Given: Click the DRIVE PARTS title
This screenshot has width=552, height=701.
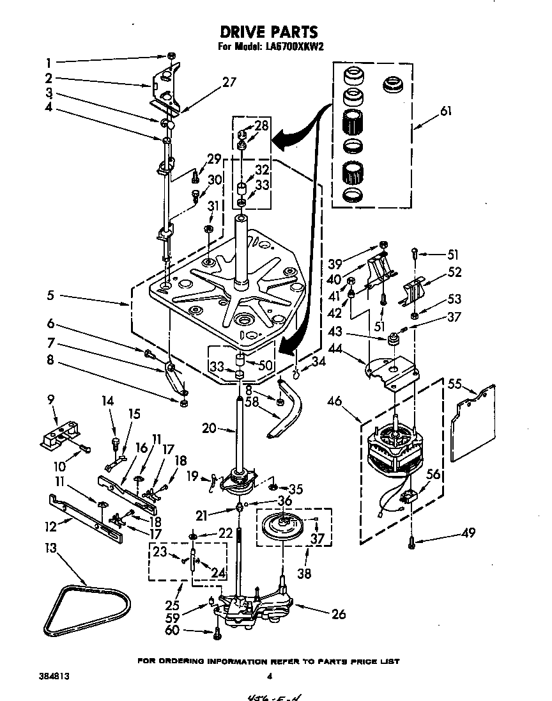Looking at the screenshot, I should (268, 31).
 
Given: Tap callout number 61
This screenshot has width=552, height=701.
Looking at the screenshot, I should (445, 111).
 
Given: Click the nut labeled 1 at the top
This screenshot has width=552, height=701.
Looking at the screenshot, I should (171, 56).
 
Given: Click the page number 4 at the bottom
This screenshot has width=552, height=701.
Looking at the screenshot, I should (269, 676).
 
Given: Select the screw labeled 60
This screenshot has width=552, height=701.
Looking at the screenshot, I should (217, 633).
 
